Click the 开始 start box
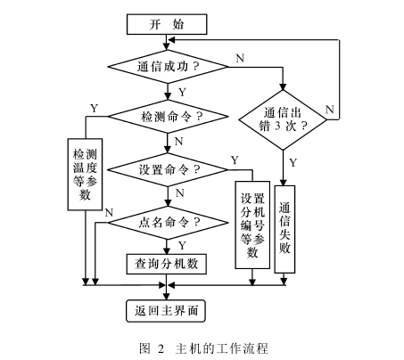[167, 24]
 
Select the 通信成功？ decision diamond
[167, 66]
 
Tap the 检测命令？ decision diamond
[167, 117]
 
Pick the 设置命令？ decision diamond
[167, 168]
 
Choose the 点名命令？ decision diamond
[167, 220]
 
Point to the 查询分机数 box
[167, 263]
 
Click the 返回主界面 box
[167, 310]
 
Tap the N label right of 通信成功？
[239, 58]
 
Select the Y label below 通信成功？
[181, 92]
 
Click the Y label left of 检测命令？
[94, 108]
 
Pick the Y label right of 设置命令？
[234, 160]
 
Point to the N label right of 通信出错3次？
[330, 110]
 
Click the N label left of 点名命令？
[108, 212]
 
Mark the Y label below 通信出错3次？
[294, 162]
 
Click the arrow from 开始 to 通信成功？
[167, 40]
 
